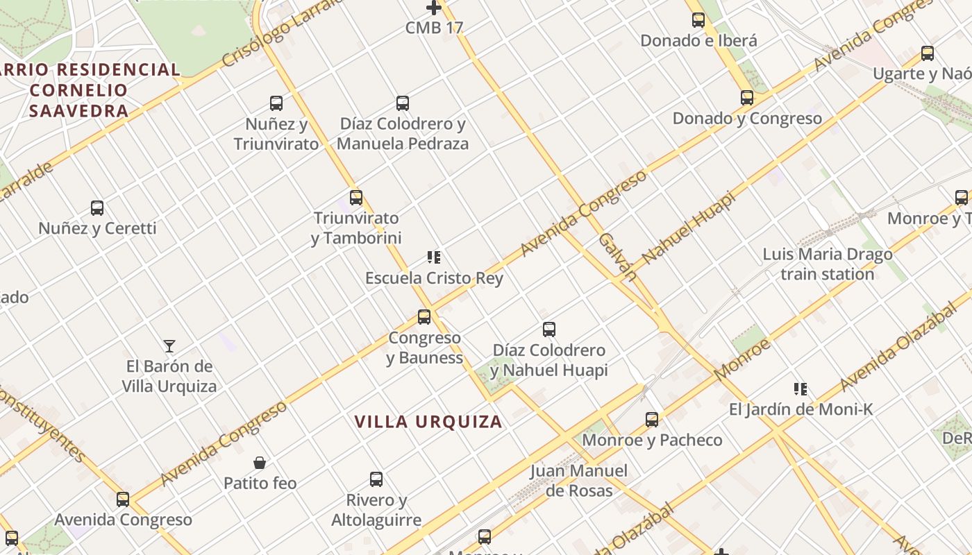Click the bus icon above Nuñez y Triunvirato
point(276,104)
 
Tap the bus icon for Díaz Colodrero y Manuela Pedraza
point(403,104)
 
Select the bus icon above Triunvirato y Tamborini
point(356,198)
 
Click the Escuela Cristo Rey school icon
point(434,258)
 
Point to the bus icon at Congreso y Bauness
point(424,317)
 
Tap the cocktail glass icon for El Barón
point(169,345)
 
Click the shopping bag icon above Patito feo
point(260,463)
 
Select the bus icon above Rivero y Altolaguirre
point(376,479)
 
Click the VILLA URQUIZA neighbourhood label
point(428,422)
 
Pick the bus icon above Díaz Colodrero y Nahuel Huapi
point(549,330)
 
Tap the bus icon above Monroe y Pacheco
point(652,420)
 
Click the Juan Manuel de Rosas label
point(578,481)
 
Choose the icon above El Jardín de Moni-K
point(801,389)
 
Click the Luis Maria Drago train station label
point(828,264)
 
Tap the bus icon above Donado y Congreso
point(747,98)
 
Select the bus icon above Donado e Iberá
point(698,20)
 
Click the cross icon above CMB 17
point(434,8)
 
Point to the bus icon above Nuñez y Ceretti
point(97,208)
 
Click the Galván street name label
point(617,257)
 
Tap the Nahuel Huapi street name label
point(688,228)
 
